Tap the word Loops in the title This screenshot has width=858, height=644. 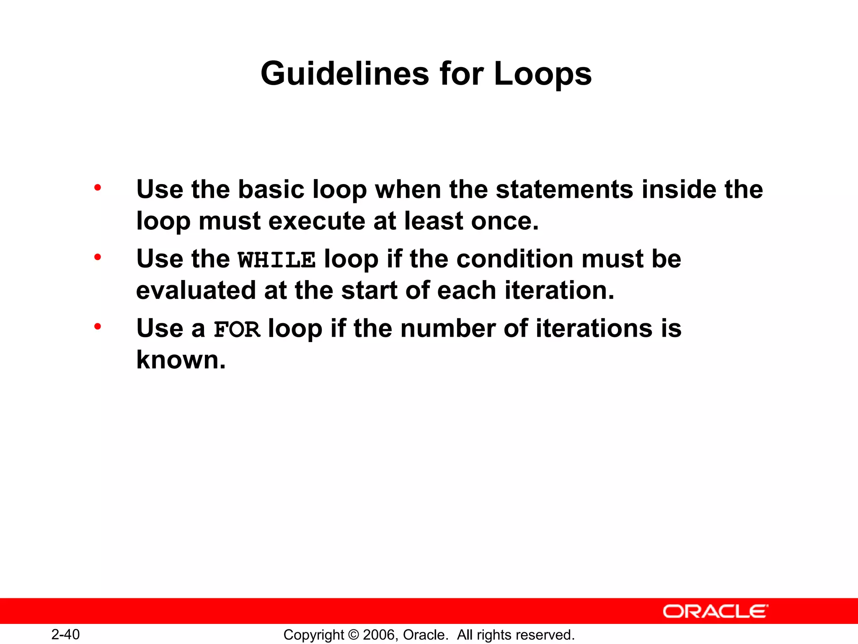point(543,74)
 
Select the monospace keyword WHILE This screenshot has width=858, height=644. point(277,260)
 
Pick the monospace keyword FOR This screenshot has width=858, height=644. point(237,329)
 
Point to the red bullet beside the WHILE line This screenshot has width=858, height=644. point(98,257)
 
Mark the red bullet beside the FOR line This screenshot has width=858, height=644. point(98,327)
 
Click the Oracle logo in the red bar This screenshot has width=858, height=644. point(715,611)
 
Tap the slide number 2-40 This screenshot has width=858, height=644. point(65,634)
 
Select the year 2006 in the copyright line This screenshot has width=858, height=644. point(378,635)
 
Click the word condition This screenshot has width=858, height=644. point(515,259)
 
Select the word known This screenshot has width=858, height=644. point(181,360)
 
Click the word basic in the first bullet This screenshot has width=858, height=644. point(271,190)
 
